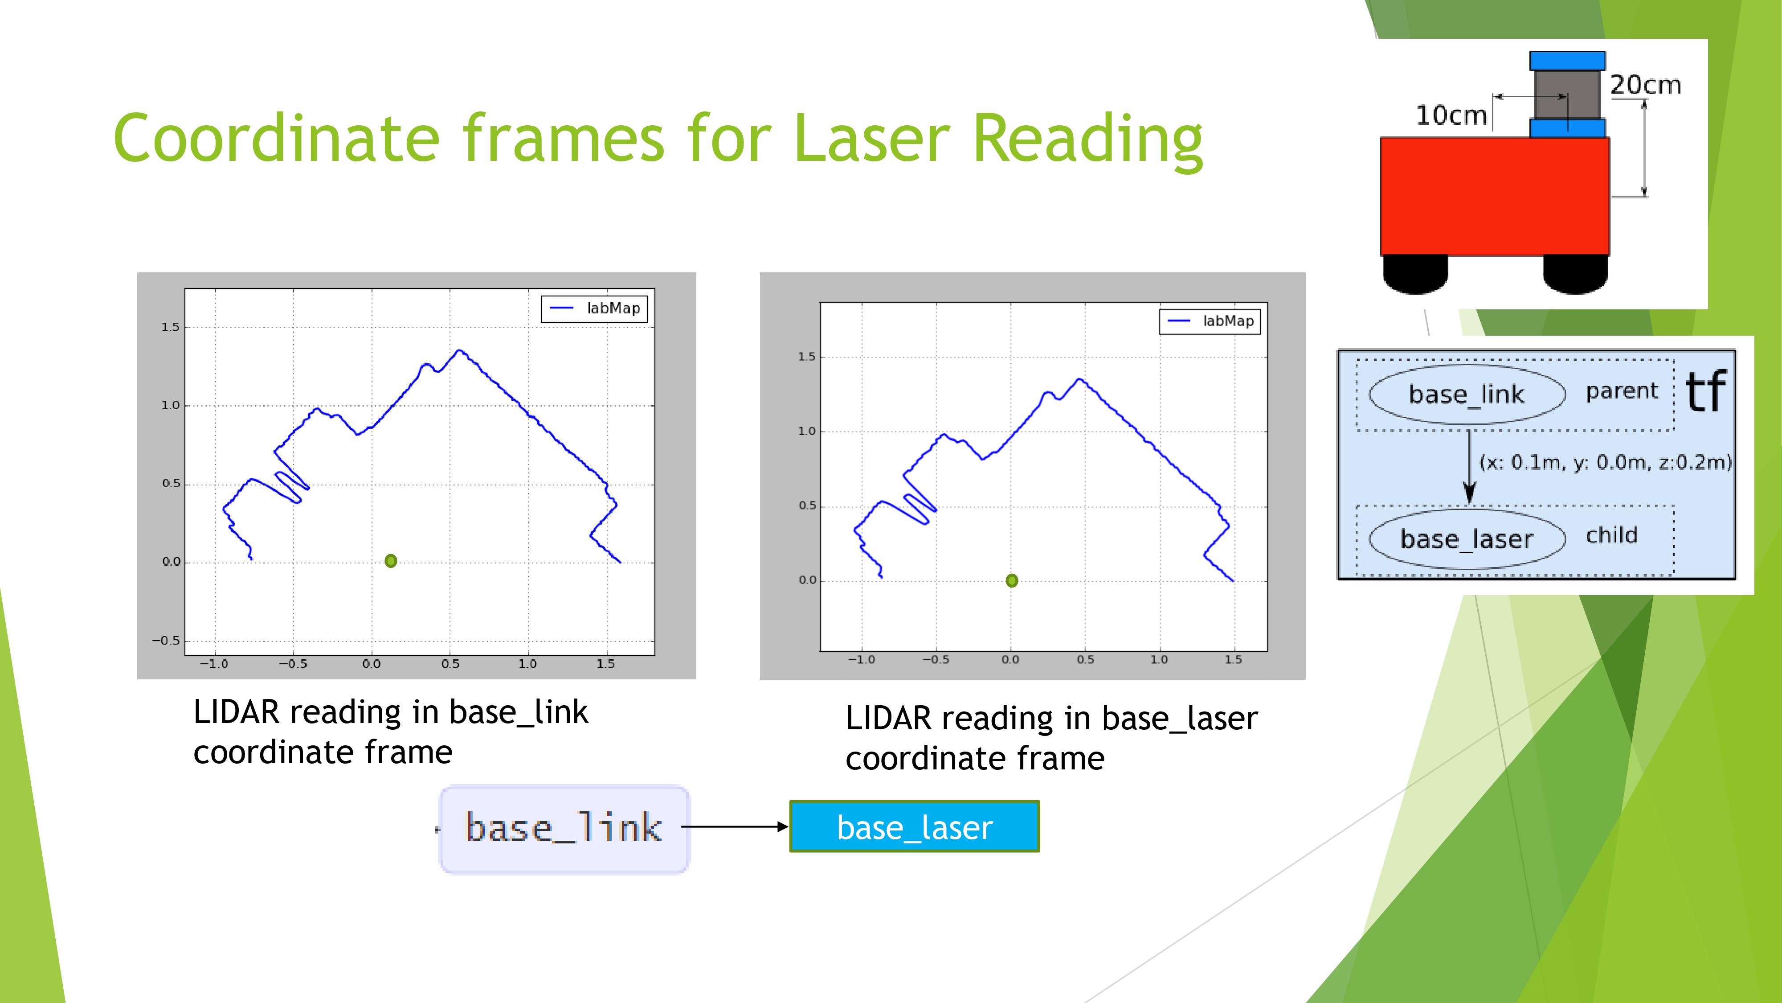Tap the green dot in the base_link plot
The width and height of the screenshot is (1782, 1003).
point(391,561)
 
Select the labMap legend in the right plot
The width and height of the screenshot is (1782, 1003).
point(1210,321)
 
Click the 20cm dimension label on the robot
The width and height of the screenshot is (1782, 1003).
point(1646,85)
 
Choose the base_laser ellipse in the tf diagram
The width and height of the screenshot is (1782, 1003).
point(1467,538)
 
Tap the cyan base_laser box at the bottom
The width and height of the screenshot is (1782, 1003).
point(915,826)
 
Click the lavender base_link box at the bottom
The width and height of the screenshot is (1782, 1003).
point(564,829)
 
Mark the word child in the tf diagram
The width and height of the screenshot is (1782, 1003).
point(1612,535)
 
